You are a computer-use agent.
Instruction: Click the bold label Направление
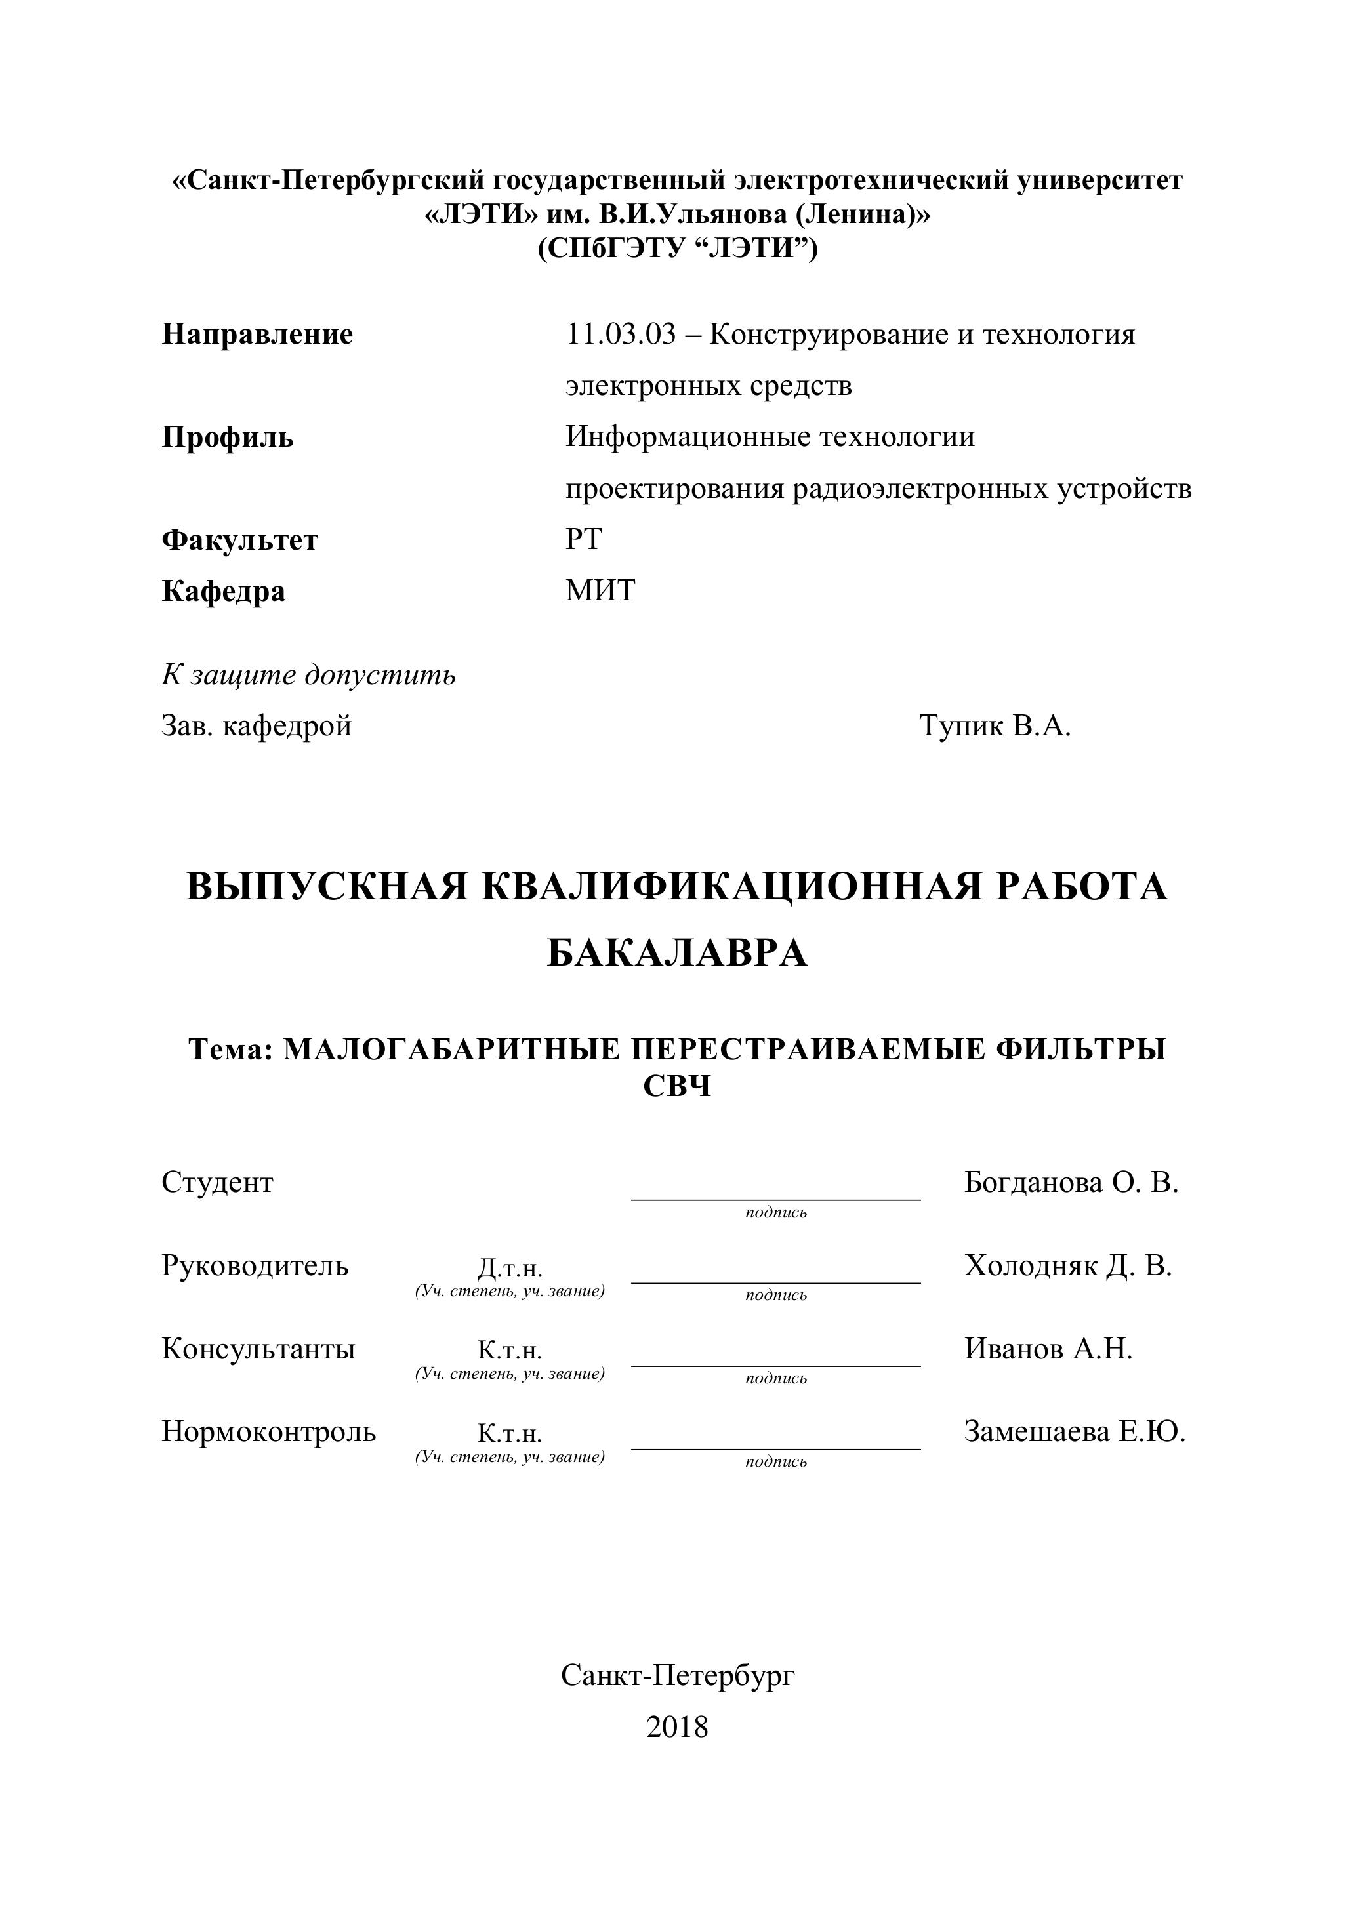[257, 335]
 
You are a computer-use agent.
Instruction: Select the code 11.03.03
[620, 335]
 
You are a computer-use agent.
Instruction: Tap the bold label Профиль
[227, 438]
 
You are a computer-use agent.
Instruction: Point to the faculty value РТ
[583, 540]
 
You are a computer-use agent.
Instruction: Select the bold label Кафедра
[223, 592]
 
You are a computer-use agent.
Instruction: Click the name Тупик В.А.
[995, 726]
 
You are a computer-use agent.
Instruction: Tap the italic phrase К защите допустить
[308, 675]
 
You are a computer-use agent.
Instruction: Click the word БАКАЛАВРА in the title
[677, 953]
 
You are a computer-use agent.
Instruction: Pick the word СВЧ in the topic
[677, 1087]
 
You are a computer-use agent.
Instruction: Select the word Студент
[217, 1183]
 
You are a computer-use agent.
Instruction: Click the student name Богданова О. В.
[1070, 1183]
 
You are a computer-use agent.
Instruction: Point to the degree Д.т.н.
[510, 1269]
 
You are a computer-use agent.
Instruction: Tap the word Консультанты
[258, 1349]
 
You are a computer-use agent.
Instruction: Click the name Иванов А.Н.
[1048, 1349]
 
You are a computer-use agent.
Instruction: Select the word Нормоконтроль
[268, 1432]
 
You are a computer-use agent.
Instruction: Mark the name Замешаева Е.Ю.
[1075, 1432]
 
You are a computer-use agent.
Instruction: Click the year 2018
[677, 1726]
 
